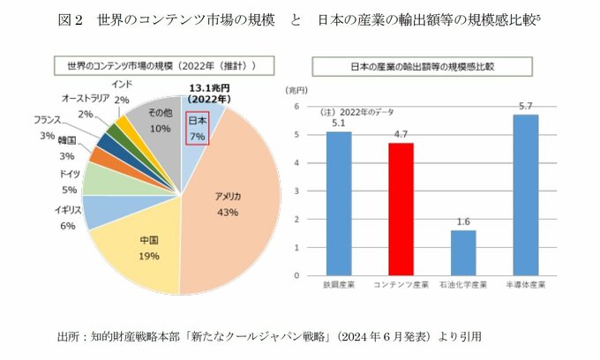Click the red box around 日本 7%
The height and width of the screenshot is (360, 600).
(196, 127)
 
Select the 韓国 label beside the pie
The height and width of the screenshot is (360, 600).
(66, 141)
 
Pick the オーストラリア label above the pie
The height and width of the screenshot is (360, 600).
(86, 97)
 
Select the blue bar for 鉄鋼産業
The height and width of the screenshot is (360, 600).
(338, 203)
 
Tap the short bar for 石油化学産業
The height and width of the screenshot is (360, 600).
(463, 252)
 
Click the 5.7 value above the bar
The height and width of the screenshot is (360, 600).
(525, 106)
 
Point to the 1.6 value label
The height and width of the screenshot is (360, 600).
(463, 221)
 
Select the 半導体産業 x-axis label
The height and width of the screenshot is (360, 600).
(525, 285)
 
